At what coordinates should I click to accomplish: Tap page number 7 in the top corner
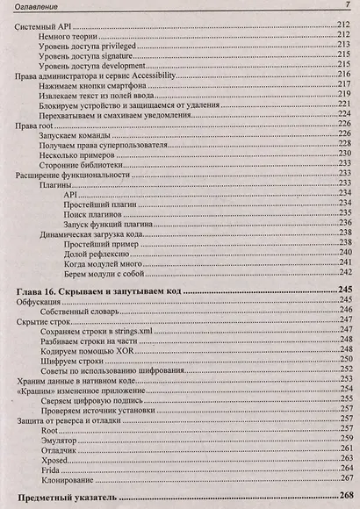pos(346,7)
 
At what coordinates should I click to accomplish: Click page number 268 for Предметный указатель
pos(342,497)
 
